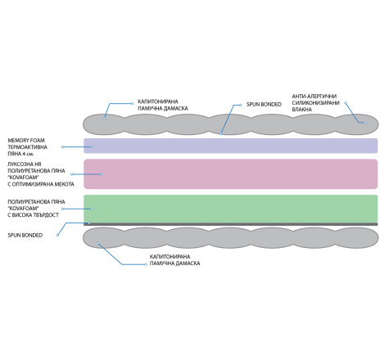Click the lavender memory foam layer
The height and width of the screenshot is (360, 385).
[x=231, y=146]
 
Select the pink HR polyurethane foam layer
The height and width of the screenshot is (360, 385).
[x=231, y=174]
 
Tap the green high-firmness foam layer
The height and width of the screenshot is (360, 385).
[x=231, y=209]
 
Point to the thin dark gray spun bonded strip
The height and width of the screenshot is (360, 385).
[x=231, y=224]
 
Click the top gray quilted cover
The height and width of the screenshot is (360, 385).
[x=231, y=124]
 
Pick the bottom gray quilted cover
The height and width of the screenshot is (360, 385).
[x=231, y=238]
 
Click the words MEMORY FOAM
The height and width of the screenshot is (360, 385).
[x=26, y=141]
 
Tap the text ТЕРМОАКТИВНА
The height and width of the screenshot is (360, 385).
[x=27, y=147]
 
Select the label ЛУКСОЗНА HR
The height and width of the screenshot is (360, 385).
[x=25, y=164]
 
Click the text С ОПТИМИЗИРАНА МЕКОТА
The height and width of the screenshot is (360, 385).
[x=41, y=184]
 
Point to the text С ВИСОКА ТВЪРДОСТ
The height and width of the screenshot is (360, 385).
[x=34, y=215]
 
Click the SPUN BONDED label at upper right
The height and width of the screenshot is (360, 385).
[x=264, y=105]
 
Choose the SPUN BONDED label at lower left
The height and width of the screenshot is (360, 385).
[x=25, y=235]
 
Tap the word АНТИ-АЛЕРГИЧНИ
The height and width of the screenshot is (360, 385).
[x=315, y=97]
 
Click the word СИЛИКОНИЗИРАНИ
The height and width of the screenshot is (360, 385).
[x=315, y=103]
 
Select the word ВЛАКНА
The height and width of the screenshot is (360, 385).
[x=302, y=110]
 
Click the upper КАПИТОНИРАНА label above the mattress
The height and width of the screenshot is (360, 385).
[x=158, y=101]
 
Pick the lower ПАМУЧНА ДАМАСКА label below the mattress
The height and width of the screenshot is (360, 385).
[x=174, y=263]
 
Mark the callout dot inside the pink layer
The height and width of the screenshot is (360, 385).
[x=101, y=174]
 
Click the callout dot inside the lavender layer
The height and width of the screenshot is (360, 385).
[x=92, y=146]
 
